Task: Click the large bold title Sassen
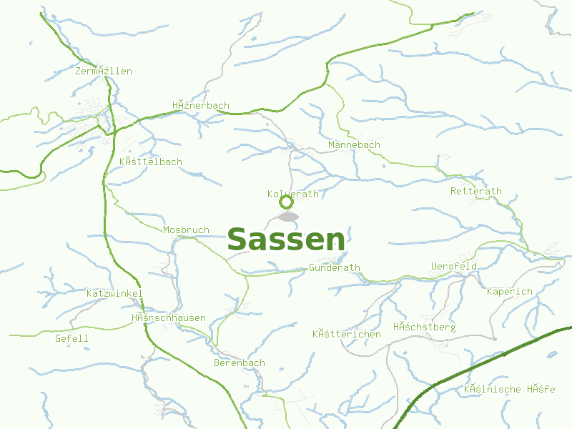click(x=286, y=240)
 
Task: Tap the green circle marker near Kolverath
click(x=286, y=202)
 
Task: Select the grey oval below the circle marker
click(x=288, y=216)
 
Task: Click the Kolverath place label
click(x=293, y=194)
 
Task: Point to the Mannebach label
click(x=354, y=145)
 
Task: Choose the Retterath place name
click(x=476, y=191)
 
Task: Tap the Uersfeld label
click(x=454, y=266)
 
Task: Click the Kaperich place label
click(x=510, y=291)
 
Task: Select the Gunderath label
click(x=335, y=267)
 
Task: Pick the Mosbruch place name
click(x=186, y=230)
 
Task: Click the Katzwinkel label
click(x=114, y=293)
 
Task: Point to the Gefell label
click(x=71, y=338)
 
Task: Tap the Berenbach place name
click(x=240, y=363)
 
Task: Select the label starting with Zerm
click(x=104, y=71)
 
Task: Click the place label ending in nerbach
click(x=201, y=105)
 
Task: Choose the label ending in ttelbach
click(x=151, y=162)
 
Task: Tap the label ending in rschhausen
click(x=169, y=317)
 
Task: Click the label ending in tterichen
click(x=347, y=334)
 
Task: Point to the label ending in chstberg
click(x=424, y=327)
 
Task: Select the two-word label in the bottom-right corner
click(x=509, y=389)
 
